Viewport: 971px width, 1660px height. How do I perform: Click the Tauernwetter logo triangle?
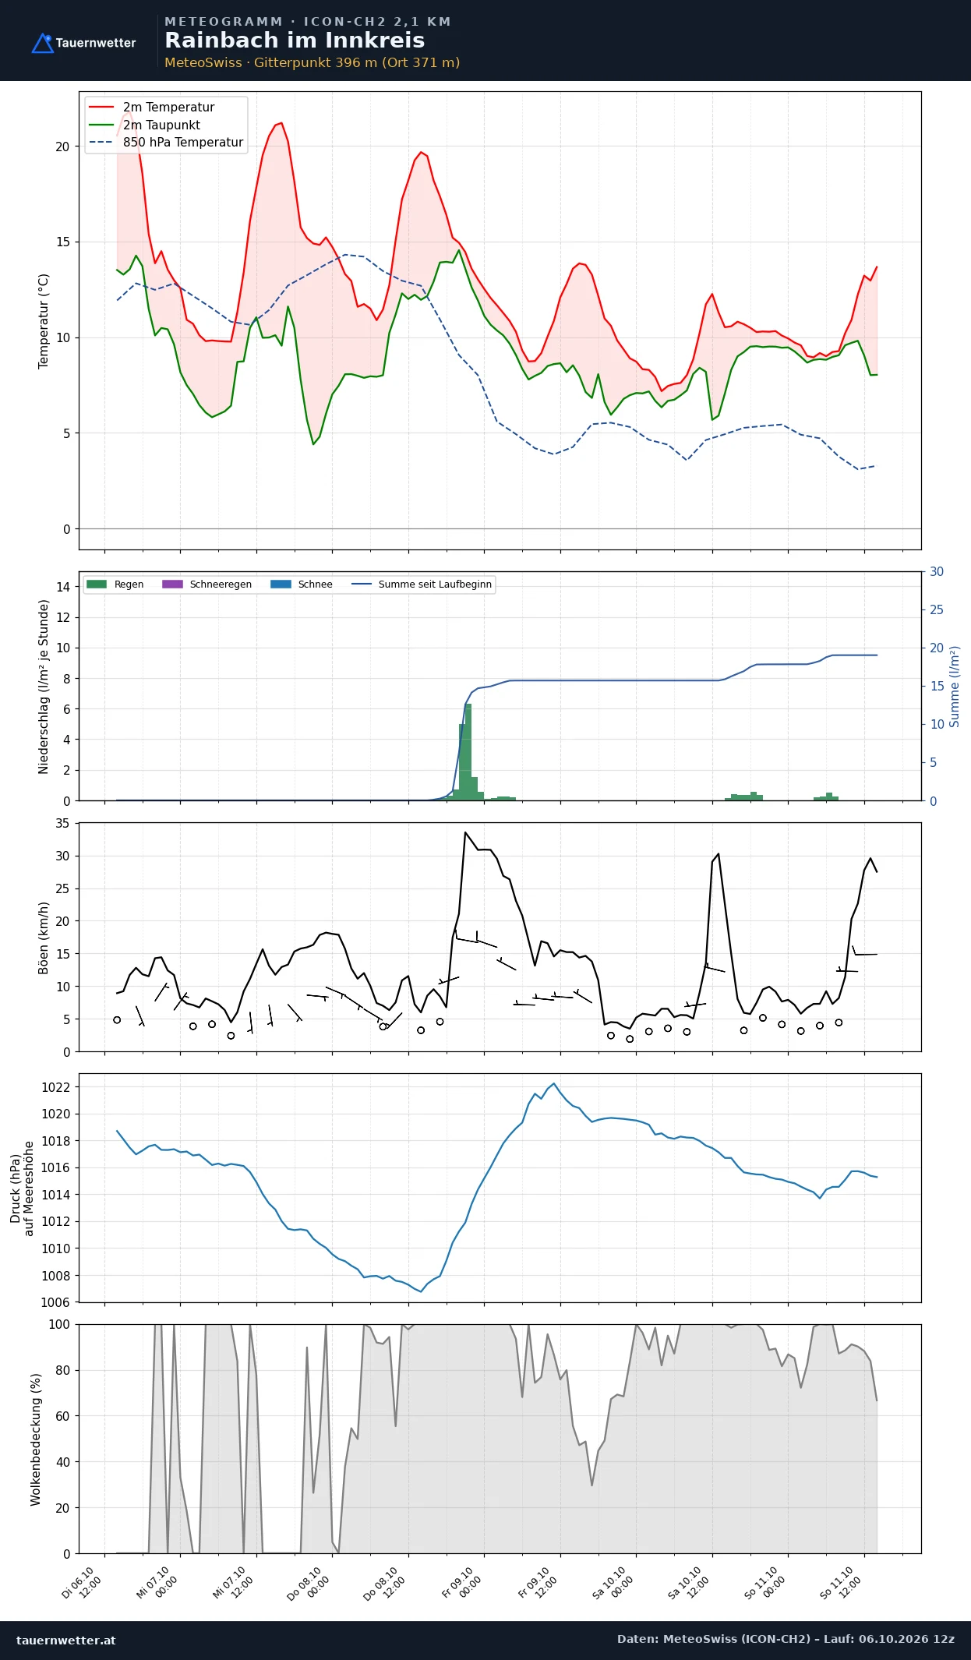click(x=42, y=44)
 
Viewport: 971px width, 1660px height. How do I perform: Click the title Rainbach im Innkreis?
click(x=295, y=41)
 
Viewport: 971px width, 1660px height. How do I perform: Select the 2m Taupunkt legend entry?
click(x=144, y=125)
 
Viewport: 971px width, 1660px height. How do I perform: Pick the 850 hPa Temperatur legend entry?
click(x=166, y=142)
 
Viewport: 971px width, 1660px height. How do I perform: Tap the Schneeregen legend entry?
click(x=207, y=584)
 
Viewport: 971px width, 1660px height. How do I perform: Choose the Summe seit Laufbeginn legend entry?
click(x=422, y=584)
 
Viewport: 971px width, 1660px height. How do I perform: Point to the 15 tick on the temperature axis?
click(x=62, y=242)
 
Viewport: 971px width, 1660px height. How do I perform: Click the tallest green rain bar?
click(x=468, y=751)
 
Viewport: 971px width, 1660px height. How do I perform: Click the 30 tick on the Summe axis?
click(x=937, y=571)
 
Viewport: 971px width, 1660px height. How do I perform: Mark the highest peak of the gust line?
click(x=465, y=832)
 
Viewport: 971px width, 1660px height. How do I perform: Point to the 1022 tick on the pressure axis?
click(x=55, y=1087)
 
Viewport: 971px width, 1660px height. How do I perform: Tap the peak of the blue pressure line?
click(x=554, y=1083)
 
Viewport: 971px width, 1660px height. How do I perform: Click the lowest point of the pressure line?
click(x=421, y=1291)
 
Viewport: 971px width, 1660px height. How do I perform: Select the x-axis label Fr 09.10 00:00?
click(x=462, y=1583)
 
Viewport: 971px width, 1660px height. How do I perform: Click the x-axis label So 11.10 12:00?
click(x=840, y=1583)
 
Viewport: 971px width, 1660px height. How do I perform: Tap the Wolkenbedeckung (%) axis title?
click(x=35, y=1439)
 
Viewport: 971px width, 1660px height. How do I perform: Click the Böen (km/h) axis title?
click(x=44, y=938)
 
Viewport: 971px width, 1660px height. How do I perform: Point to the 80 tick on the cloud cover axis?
click(x=62, y=1370)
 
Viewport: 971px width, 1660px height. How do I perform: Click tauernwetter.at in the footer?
click(x=66, y=1640)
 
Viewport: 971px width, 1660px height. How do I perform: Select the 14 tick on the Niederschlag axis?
click(x=63, y=587)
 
